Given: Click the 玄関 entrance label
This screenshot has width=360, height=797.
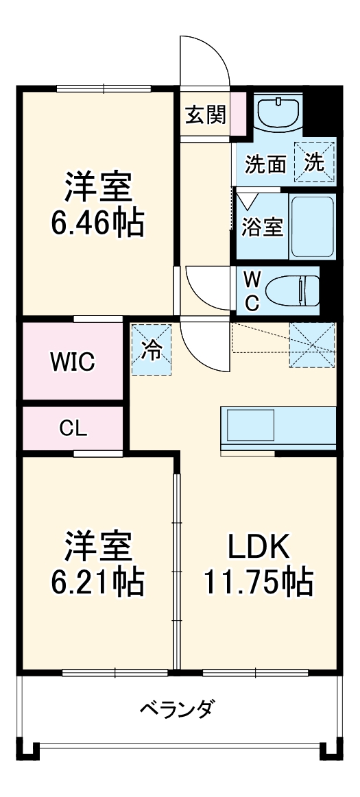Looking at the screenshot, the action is point(205,115).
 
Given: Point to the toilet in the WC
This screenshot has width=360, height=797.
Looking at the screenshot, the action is point(295,291).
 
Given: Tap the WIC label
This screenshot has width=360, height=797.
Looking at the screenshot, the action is point(72,362).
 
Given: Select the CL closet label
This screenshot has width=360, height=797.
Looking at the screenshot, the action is point(73,429).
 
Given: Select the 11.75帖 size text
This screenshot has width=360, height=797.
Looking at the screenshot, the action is point(258,582).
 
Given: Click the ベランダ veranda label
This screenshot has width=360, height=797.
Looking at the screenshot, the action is point(176,707).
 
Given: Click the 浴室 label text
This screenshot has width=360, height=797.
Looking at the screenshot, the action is point(262,228).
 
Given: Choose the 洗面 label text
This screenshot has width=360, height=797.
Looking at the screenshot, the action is point(265,164).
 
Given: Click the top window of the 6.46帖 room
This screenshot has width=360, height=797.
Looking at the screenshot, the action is point(104,88).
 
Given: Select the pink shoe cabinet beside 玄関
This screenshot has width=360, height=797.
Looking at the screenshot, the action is point(238,113).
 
